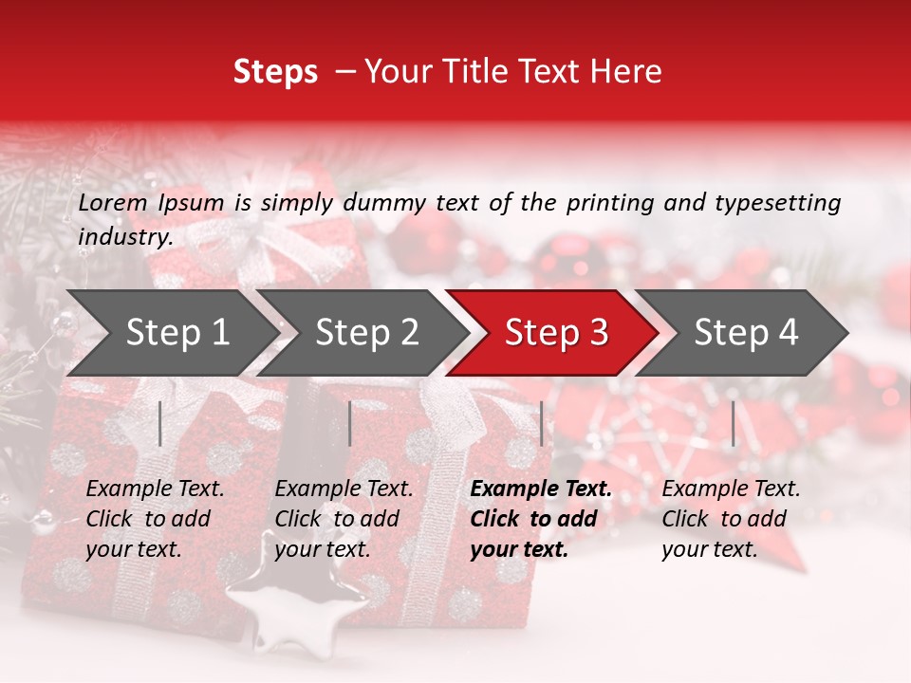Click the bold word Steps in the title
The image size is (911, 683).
tap(275, 72)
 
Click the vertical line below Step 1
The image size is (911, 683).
tap(160, 423)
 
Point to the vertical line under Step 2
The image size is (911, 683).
tap(350, 423)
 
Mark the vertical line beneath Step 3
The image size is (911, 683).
tap(542, 423)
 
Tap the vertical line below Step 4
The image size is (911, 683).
tap(734, 423)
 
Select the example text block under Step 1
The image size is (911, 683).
tap(155, 519)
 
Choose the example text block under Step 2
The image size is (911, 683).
tap(344, 519)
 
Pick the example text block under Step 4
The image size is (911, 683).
tap(731, 519)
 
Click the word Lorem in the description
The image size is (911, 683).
tap(113, 202)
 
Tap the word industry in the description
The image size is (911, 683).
tap(125, 237)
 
